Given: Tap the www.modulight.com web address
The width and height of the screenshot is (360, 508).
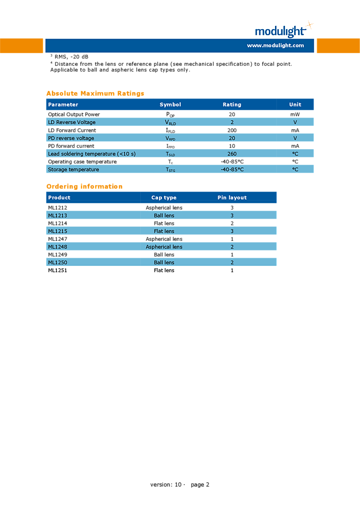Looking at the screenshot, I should click(275, 46).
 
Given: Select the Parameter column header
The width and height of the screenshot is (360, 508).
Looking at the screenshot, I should click(63, 104).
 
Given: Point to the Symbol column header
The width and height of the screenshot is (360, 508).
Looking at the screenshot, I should click(170, 104).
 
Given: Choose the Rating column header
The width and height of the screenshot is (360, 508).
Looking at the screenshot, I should click(232, 104).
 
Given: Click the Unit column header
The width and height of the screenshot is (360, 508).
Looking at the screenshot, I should click(295, 104).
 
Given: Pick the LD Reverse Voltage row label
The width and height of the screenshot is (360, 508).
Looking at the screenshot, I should click(72, 122).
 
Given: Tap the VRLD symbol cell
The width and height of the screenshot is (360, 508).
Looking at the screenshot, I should click(170, 123).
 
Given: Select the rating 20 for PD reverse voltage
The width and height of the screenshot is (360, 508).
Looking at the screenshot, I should click(232, 138).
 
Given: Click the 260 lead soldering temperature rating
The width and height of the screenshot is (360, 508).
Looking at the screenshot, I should click(232, 154).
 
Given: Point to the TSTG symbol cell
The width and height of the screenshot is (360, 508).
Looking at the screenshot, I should click(170, 170).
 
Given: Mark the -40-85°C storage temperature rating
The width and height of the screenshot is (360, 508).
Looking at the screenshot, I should click(232, 169).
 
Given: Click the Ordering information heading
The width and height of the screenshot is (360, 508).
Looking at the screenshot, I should click(85, 187).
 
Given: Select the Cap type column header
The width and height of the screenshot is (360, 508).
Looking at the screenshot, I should click(164, 197).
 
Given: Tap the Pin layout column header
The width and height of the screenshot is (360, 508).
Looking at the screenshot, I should click(232, 197).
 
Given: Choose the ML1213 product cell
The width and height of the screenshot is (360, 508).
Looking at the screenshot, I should click(57, 215).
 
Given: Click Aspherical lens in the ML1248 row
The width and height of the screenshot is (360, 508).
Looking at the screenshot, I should click(164, 247).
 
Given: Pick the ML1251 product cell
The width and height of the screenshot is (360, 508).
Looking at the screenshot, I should click(57, 270).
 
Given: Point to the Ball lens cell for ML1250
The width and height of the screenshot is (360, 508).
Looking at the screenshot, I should click(164, 262).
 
